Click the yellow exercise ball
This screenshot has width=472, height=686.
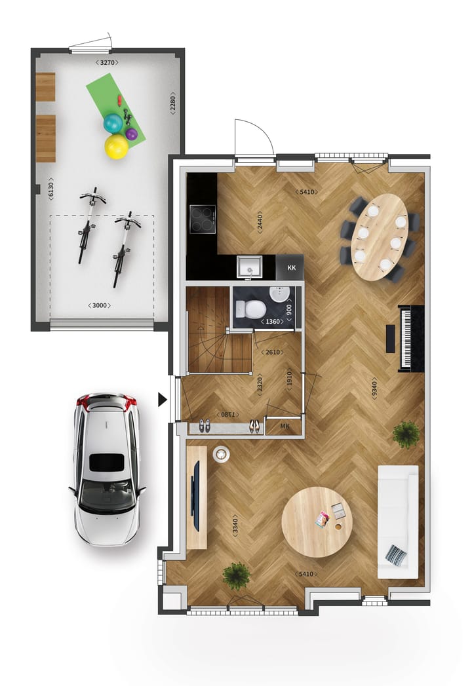pyautogui.click(x=117, y=146)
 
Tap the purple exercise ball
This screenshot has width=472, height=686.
pyautogui.click(x=131, y=134)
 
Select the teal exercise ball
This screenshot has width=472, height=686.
pyautogui.click(x=113, y=123)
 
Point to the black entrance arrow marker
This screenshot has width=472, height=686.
pyautogui.click(x=163, y=399)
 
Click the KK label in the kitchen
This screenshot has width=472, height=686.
pyautogui.click(x=292, y=268)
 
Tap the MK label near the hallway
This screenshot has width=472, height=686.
pyautogui.click(x=285, y=427)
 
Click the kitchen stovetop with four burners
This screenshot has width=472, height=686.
pyautogui.click(x=203, y=219)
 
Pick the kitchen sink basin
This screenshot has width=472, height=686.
pyautogui.click(x=250, y=267)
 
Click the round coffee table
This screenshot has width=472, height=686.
pyautogui.click(x=317, y=522)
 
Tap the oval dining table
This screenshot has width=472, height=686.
pyautogui.click(x=380, y=237)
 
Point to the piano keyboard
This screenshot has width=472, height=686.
pyautogui.click(x=406, y=338)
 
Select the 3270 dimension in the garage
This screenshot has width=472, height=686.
pyautogui.click(x=108, y=62)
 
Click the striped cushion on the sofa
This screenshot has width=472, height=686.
pyautogui.click(x=396, y=556)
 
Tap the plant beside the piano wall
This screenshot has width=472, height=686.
pyautogui.click(x=406, y=434)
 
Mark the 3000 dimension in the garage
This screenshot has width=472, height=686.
pyautogui.click(x=100, y=305)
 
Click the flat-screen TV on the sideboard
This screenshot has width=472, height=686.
pyautogui.click(x=196, y=496)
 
